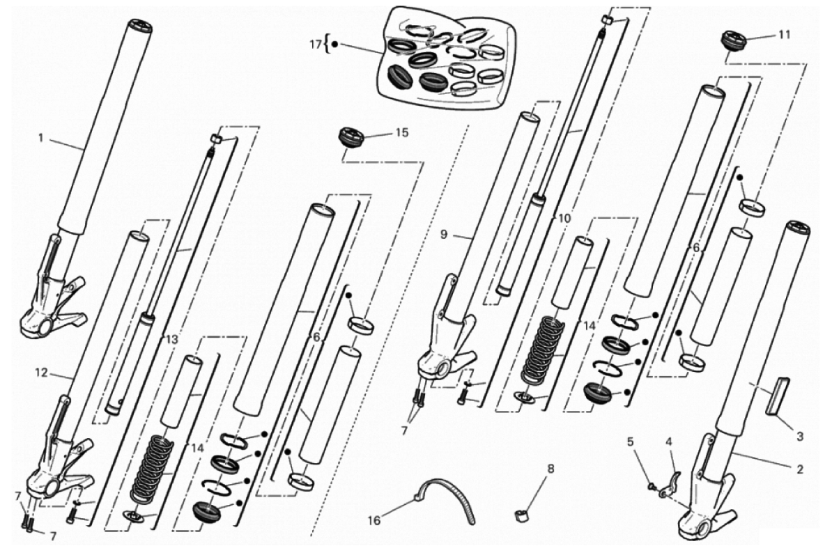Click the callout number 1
click(40, 139)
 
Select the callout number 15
click(403, 132)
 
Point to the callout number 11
click(785, 34)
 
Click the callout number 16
click(374, 521)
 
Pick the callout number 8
click(550, 469)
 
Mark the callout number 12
click(41, 373)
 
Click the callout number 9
click(444, 234)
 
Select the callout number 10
click(564, 218)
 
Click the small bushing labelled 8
click(522, 515)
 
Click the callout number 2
click(800, 469)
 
